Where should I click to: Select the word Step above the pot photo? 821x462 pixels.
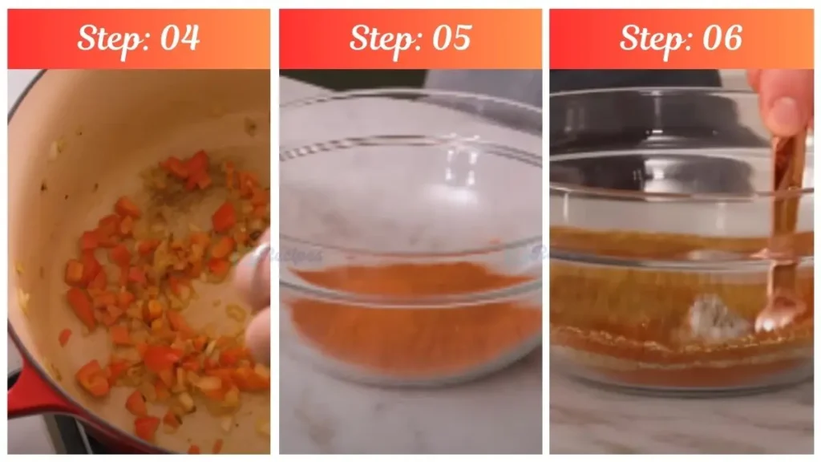[108, 38]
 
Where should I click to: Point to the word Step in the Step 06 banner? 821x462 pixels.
[650, 38]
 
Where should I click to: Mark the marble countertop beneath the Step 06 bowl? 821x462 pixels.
[681, 425]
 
